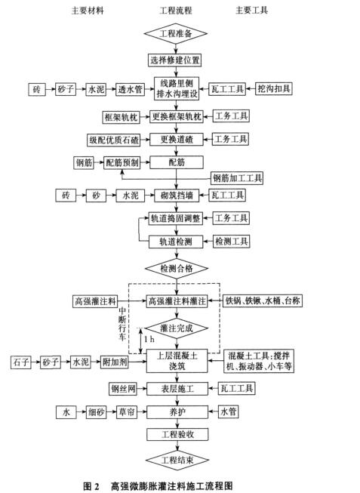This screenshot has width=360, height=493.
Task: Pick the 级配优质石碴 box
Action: pyautogui.click(x=114, y=140)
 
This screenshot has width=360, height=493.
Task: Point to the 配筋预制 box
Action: pyautogui.click(x=122, y=162)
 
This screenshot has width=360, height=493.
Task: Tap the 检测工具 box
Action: pyautogui.click(x=232, y=242)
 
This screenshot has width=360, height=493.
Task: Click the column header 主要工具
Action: pyautogui.click(x=251, y=11)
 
